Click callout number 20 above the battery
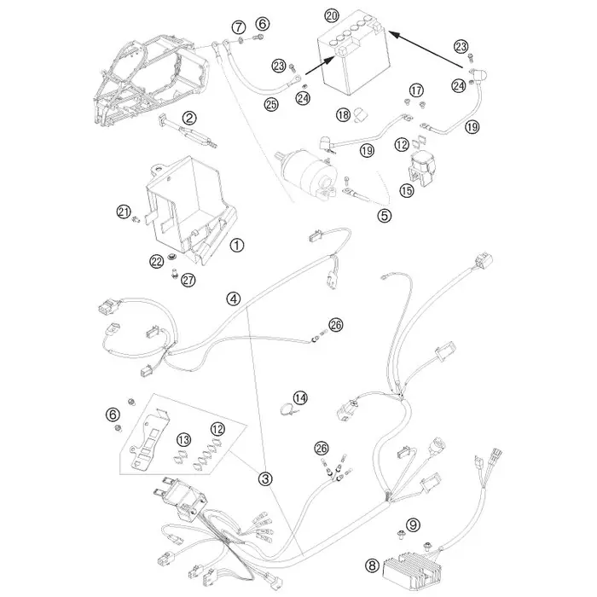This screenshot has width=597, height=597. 332,15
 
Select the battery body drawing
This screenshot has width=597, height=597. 352,53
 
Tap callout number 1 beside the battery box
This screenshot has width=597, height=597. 237,246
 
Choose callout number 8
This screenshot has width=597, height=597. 372,565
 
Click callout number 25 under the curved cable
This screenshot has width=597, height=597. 271,104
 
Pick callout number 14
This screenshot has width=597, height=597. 300,398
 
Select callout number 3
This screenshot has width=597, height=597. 265,478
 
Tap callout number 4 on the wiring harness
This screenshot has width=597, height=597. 234,298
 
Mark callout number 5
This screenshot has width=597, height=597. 384,216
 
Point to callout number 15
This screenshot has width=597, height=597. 407,190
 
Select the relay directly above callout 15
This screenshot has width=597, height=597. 421,168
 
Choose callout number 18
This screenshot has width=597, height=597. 343,114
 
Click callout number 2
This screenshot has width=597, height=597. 189,118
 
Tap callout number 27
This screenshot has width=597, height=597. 188,280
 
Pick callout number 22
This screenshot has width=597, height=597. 156,261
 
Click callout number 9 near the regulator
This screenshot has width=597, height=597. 413,525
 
